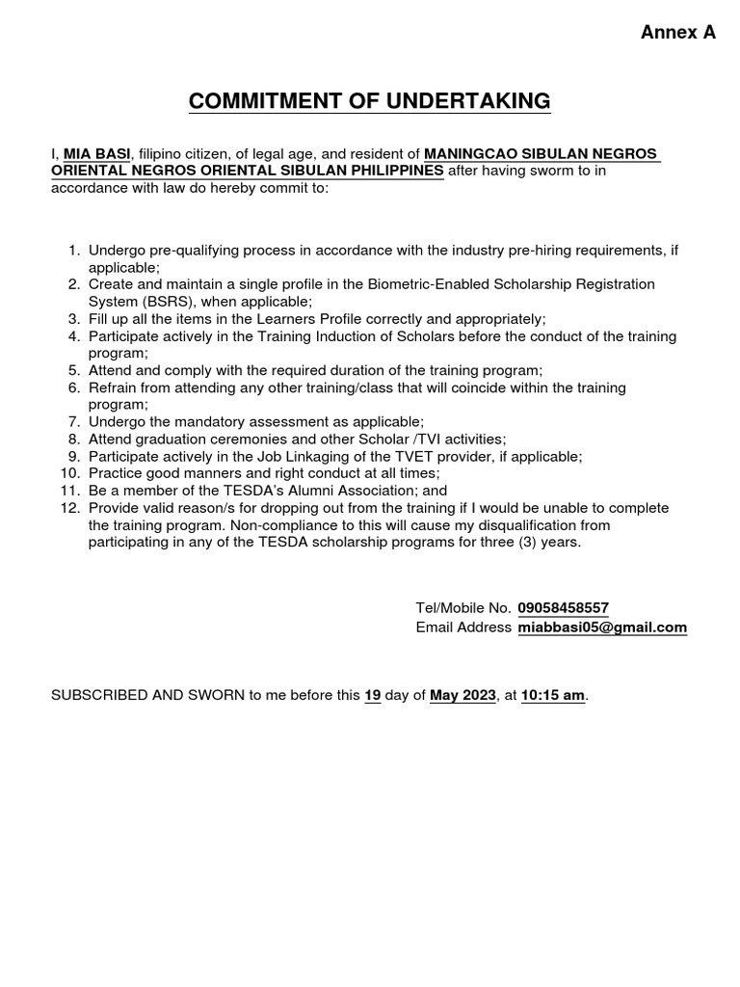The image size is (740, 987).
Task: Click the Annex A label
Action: click(678, 32)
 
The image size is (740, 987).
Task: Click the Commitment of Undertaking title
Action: click(370, 101)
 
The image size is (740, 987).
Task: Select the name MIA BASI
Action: click(97, 154)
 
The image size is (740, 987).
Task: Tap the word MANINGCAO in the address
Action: click(466, 154)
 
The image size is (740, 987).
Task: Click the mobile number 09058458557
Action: click(563, 608)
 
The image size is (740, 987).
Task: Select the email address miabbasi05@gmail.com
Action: click(602, 627)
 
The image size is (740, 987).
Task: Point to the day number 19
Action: click(373, 695)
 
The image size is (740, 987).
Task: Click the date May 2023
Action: click(462, 695)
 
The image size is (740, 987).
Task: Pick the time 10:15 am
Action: click(553, 695)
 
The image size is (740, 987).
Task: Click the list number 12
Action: click(69, 508)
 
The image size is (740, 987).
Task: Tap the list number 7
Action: click(73, 421)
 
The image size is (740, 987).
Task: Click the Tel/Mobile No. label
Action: click(462, 608)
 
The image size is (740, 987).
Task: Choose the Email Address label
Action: click(463, 627)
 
